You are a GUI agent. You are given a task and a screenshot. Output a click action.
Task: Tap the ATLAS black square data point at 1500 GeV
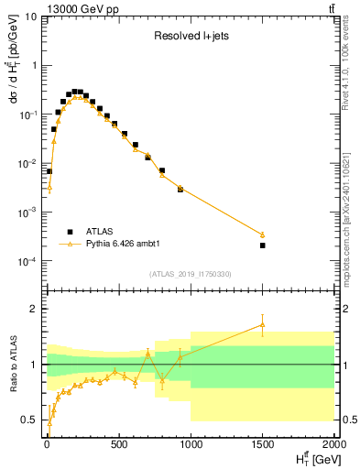click(x=262, y=245)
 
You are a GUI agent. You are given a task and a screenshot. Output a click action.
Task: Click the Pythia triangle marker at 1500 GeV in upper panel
click(x=262, y=234)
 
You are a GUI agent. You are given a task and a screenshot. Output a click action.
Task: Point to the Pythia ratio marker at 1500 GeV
click(x=262, y=324)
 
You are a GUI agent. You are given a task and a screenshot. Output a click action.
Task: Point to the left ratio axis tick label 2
click(x=36, y=309)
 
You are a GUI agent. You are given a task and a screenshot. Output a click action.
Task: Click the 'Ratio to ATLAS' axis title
click(x=12, y=364)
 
